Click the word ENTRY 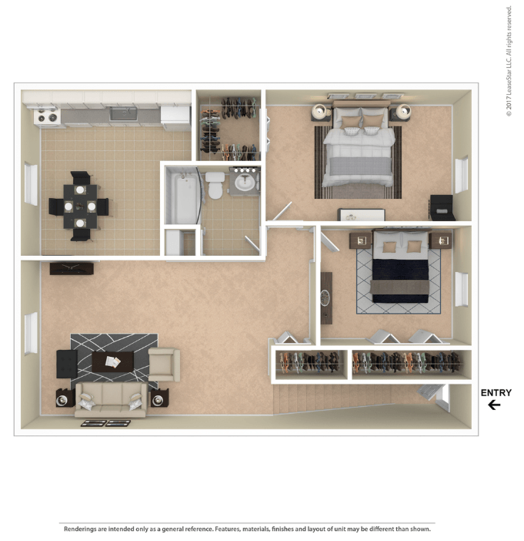click(x=496, y=392)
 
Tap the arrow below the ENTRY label click(x=494, y=405)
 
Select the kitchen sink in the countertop click(x=123, y=113)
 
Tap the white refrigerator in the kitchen click(x=175, y=118)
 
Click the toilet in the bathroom click(x=215, y=186)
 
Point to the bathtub click(x=183, y=197)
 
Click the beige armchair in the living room click(x=165, y=365)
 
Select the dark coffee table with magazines click(x=112, y=361)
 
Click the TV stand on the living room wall click(x=72, y=269)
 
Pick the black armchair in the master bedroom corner click(x=442, y=207)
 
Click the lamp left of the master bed click(x=321, y=112)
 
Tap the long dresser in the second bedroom click(x=326, y=297)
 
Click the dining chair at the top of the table click(x=82, y=178)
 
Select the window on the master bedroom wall click(x=462, y=175)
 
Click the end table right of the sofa click(x=159, y=398)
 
